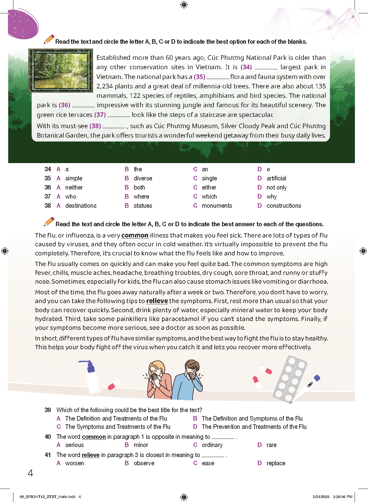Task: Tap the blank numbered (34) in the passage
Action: pos(266,67)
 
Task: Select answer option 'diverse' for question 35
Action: pos(143,178)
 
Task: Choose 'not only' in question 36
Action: pos(276,187)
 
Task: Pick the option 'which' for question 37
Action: pos(209,196)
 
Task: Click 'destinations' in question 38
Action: pos(81,206)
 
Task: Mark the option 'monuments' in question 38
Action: pos(217,206)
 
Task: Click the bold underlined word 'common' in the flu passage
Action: pos(135,235)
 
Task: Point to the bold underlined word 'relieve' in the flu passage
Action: pos(157,301)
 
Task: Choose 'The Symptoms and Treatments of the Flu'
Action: pos(118,427)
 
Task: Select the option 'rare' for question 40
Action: pos(271,445)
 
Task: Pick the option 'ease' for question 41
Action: pos(208,463)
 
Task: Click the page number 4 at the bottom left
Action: pos(30,473)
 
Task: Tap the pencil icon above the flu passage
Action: pos(49,222)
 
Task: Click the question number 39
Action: pos(48,410)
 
